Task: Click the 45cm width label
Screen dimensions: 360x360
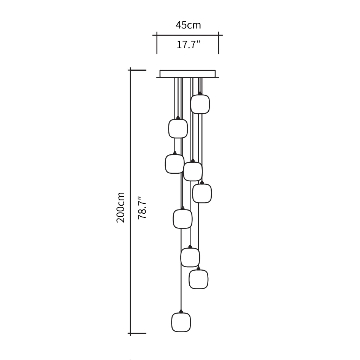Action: (188, 25)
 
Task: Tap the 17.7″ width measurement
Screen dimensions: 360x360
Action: (189, 44)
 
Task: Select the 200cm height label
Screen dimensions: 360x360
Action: (120, 208)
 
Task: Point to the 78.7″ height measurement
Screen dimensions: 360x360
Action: (142, 208)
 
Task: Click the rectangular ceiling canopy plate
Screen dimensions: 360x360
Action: (187, 74)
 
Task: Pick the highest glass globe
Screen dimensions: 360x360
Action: (200, 104)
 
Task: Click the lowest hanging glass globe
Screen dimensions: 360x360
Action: (181, 322)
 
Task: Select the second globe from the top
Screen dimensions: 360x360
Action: (178, 128)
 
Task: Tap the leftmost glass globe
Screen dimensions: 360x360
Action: (174, 164)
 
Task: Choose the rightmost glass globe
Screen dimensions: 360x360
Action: (202, 193)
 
